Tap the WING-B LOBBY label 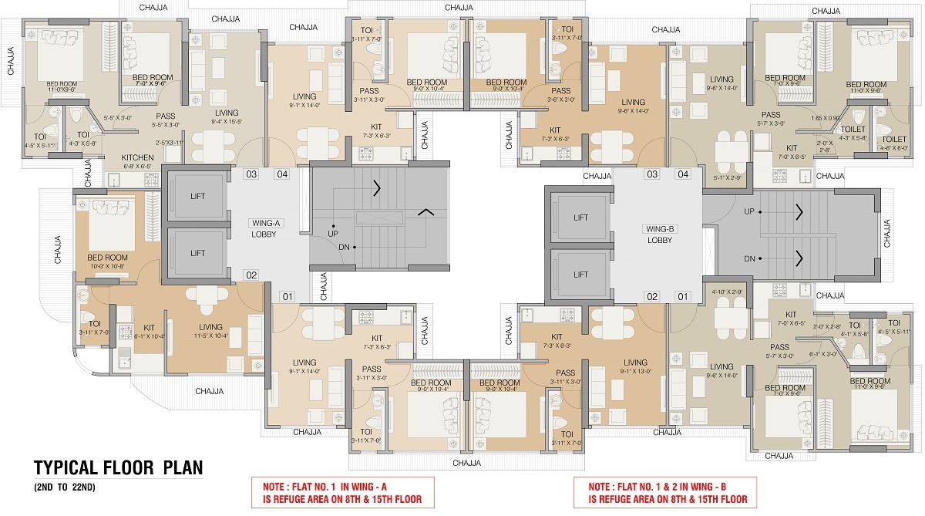[659, 234]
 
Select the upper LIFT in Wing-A [197, 196]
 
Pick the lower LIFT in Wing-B [580, 275]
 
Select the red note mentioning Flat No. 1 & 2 [667, 491]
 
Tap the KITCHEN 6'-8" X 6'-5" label [137, 161]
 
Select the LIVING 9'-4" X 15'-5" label [226, 117]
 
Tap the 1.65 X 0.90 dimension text [825, 118]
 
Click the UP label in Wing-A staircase [333, 232]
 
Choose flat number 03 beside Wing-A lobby [251, 174]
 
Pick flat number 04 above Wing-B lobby [682, 174]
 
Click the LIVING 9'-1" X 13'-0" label [635, 367]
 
